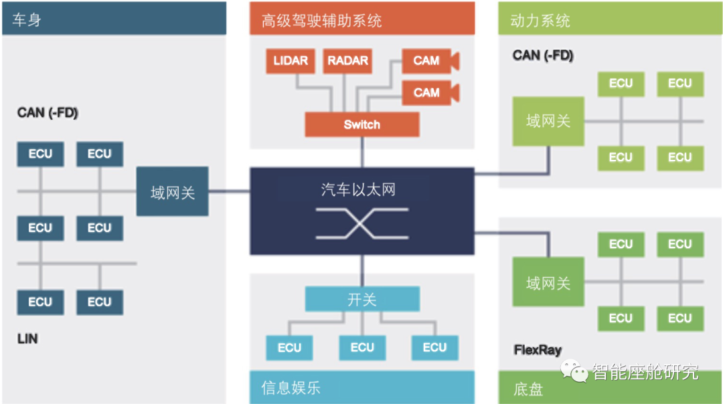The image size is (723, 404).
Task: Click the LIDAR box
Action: coord(290,61)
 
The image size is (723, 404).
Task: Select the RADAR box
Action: coord(347,61)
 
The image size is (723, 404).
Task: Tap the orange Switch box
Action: coord(361,124)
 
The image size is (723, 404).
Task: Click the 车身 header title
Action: coord(27,20)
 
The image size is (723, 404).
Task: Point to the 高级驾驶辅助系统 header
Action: coord(321,21)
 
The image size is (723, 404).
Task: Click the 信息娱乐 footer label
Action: coord(291,387)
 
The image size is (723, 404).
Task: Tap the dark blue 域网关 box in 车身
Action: coord(173,193)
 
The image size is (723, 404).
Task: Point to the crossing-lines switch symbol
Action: coord(361,223)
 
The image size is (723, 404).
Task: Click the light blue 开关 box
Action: coord(362,299)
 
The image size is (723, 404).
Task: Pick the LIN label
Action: coord(27,338)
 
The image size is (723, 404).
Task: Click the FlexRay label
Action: coord(538,349)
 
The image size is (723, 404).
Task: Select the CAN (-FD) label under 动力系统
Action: coord(543,56)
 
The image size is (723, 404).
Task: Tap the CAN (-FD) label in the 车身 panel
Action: coord(48,112)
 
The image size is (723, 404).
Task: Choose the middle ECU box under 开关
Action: coord(362,347)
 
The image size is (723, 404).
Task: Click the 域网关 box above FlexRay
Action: coord(548,283)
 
